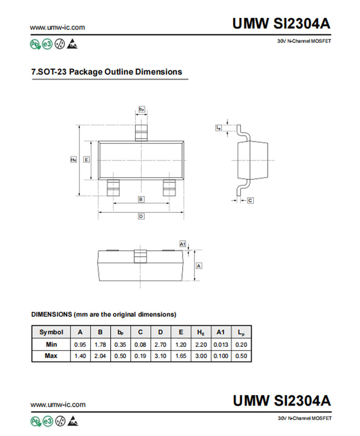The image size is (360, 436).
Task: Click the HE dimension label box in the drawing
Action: (x=73, y=159)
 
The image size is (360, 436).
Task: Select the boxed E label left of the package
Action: (x=87, y=159)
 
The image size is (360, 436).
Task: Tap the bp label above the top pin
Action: (x=142, y=109)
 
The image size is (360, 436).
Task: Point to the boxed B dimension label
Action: (x=141, y=200)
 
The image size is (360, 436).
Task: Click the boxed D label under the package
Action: (x=141, y=216)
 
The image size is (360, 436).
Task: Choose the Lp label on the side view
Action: (x=219, y=128)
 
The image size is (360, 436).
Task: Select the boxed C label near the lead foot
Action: (x=250, y=200)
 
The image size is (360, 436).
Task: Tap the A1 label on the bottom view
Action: (x=182, y=244)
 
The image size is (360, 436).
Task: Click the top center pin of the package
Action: (x=141, y=133)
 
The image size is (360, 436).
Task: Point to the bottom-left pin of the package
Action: (x=113, y=188)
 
